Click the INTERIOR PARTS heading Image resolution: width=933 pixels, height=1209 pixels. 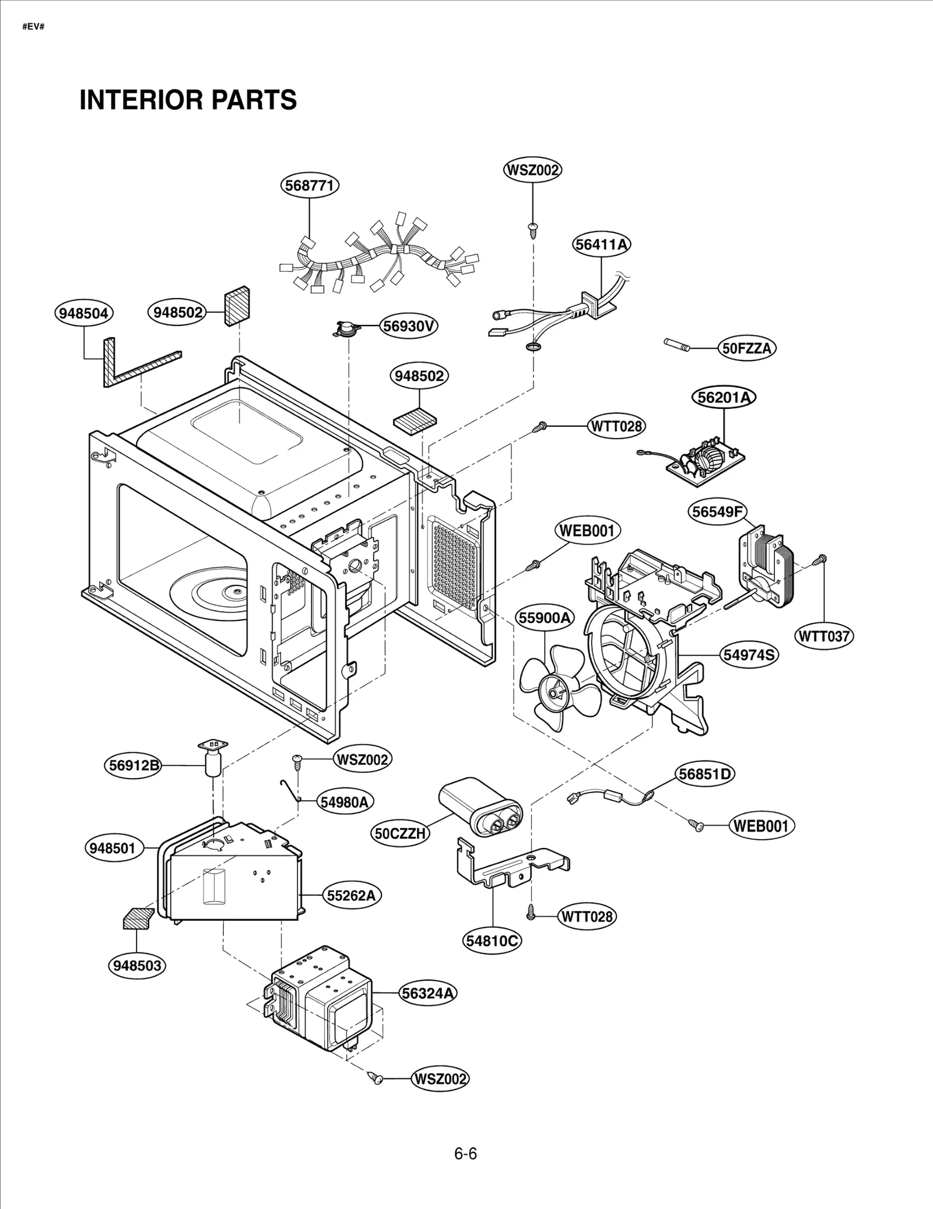coord(188,100)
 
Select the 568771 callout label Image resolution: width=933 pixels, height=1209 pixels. coord(310,185)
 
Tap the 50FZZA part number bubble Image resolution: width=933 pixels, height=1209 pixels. coord(746,349)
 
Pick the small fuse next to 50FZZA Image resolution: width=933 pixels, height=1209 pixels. coord(677,345)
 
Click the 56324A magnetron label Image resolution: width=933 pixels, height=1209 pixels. coord(428,993)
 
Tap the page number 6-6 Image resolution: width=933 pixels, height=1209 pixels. coord(465,1154)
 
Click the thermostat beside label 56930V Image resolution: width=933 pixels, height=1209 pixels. coord(342,330)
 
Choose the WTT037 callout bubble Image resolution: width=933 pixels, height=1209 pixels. coord(824,636)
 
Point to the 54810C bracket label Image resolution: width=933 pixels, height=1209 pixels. coord(493,941)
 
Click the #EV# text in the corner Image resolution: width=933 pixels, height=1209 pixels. coord(33,27)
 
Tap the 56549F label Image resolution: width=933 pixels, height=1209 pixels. coord(717,511)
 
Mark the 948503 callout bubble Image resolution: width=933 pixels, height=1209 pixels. coord(137,965)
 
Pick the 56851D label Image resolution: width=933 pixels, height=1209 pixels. coord(705,774)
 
